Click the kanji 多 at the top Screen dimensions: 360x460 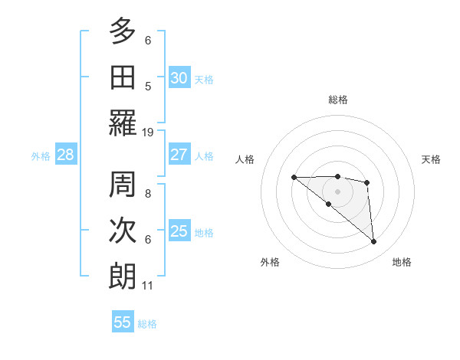click(122, 31)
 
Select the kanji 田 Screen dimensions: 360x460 click(122, 77)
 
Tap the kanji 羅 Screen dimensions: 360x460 click(122, 123)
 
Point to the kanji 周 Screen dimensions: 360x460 click(122, 185)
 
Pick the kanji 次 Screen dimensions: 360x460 click(122, 231)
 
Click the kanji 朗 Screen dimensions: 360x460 click(122, 276)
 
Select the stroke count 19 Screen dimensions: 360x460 click(148, 133)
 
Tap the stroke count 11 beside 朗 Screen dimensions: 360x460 click(148, 286)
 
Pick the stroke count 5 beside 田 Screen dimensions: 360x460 click(148, 87)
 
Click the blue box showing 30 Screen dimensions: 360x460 click(179, 78)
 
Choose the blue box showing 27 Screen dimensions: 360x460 click(179, 155)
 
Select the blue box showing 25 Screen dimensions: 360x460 click(179, 231)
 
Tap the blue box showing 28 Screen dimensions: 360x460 click(66, 155)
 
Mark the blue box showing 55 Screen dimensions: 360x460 click(123, 322)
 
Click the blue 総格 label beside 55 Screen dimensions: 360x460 click(147, 324)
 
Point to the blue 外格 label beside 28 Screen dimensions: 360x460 click(41, 156)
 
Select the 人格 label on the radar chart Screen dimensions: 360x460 click(245, 159)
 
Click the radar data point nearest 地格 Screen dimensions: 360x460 click(374, 242)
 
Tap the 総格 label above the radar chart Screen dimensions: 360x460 click(338, 100)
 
